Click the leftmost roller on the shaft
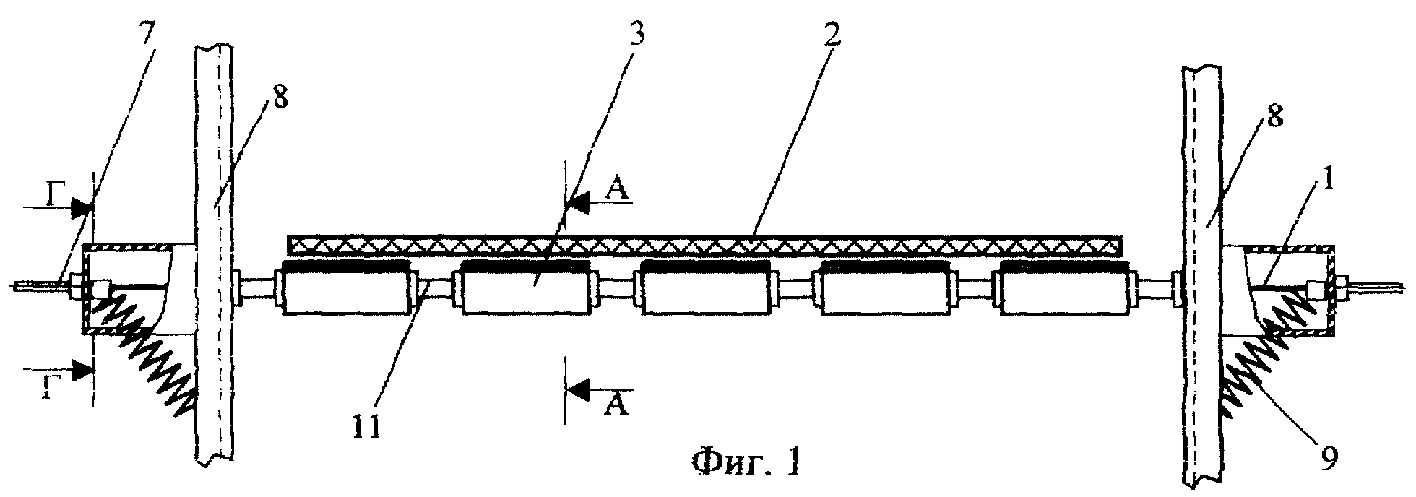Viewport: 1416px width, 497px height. [345, 288]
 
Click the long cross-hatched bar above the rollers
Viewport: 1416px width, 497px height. [705, 246]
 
